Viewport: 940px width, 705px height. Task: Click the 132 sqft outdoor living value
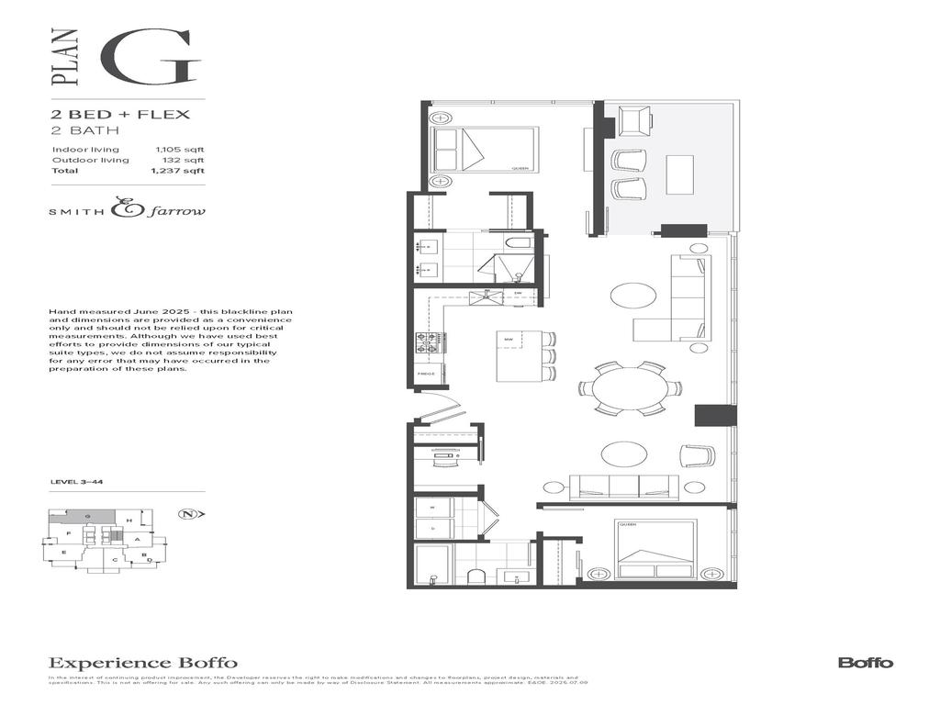pos(188,160)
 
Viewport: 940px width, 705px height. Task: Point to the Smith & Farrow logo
pos(127,210)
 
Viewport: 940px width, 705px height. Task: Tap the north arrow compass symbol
pos(189,514)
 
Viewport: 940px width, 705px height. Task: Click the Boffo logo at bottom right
pos(865,662)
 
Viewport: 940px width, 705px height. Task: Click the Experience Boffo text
pos(142,662)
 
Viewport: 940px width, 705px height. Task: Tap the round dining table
pos(630,388)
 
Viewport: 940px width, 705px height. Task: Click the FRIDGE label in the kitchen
pos(425,375)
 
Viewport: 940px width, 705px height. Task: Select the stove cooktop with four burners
pos(427,342)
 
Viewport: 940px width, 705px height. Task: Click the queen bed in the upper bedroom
pos(484,150)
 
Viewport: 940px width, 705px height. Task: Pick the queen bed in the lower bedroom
pos(655,549)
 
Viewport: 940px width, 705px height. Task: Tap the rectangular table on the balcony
pos(679,174)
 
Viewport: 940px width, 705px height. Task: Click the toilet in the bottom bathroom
pos(476,576)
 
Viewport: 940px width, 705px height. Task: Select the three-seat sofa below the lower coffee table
pos(623,487)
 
